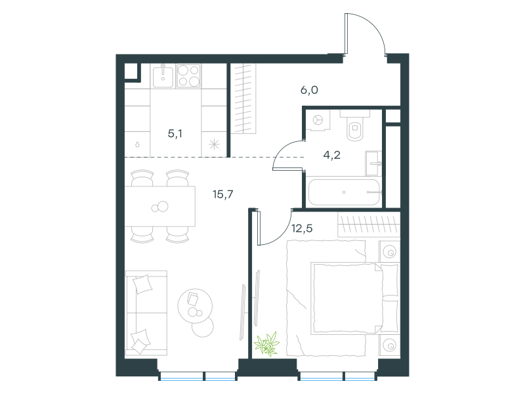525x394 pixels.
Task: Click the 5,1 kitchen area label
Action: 175,134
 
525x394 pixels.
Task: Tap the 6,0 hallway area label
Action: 309,90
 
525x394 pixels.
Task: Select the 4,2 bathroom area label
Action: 331,155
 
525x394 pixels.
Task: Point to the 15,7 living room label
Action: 223,194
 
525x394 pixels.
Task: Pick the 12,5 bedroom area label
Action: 302,229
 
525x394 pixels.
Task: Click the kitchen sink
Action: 163,76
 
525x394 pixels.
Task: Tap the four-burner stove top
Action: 188,76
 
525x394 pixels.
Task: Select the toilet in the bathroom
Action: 355,127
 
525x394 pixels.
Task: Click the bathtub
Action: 344,192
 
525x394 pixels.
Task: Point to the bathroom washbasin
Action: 373,163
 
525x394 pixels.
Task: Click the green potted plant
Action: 267,344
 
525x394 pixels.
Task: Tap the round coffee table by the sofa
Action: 195,306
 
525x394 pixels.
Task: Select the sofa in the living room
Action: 146,313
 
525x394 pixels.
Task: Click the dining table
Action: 160,206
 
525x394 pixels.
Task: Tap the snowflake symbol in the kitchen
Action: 214,144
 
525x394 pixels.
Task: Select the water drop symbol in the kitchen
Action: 137,144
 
